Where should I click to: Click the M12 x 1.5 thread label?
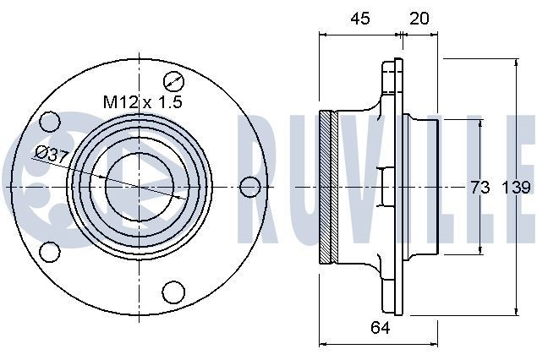[143, 101]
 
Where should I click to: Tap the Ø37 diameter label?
[52, 154]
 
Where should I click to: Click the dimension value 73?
[479, 188]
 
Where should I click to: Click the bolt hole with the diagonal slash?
[174, 82]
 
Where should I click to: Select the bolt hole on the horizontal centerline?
[249, 187]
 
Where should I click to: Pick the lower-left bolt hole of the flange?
[50, 251]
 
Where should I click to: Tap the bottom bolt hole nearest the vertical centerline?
[173, 292]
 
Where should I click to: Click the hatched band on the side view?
[330, 187]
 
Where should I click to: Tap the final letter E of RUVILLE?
[521, 169]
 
